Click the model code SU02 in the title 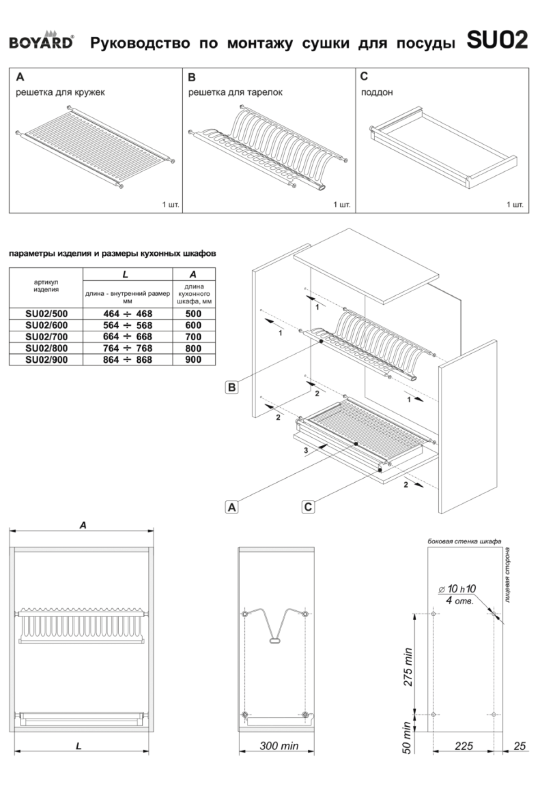(497, 40)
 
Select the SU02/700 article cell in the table (46, 337)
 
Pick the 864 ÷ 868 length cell (127, 360)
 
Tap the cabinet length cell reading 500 (193, 314)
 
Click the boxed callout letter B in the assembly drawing (232, 387)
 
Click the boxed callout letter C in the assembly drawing (308, 507)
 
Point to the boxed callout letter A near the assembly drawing (232, 507)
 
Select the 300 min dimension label (279, 746)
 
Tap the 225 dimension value (463, 746)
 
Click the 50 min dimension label (407, 738)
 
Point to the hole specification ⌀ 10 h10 (457, 589)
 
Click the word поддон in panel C (377, 92)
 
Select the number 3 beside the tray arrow (306, 450)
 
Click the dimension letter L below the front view (79, 746)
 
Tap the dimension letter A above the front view (83, 525)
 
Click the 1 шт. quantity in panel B (342, 204)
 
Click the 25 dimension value (519, 746)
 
